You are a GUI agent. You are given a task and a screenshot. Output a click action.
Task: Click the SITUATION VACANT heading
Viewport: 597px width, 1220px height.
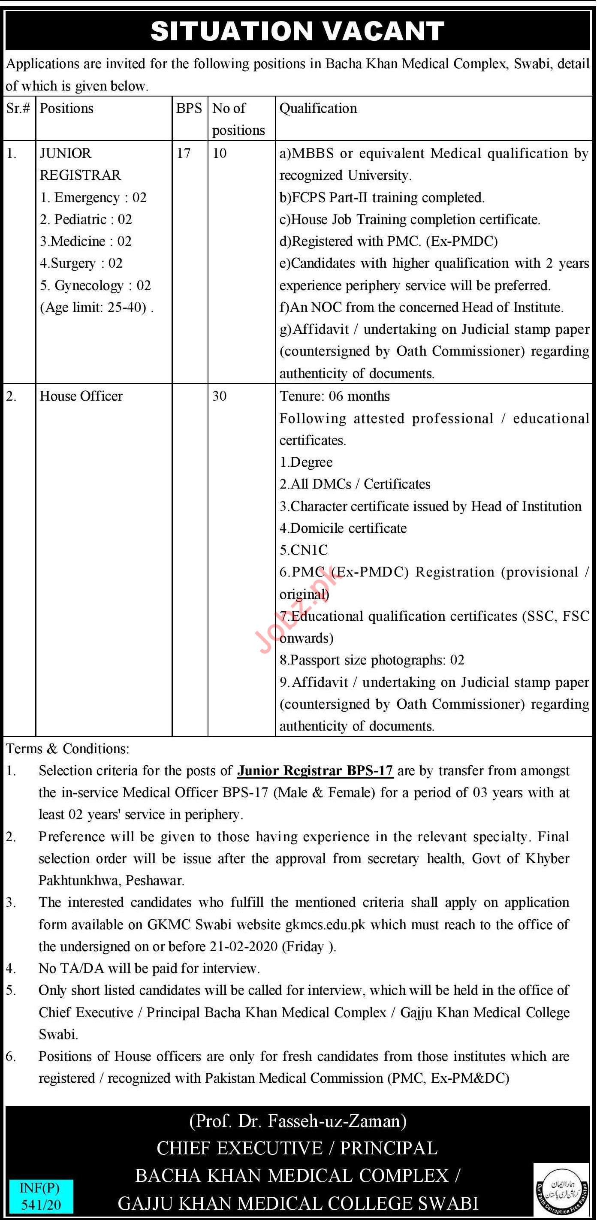297,31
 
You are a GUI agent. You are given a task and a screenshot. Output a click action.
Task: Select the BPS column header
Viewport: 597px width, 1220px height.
189,109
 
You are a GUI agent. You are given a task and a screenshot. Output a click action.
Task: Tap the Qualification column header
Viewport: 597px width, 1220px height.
318,109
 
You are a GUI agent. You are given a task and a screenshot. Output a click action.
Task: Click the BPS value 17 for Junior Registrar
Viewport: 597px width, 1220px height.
184,153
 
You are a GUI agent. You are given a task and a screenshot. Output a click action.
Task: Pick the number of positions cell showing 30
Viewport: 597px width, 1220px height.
219,396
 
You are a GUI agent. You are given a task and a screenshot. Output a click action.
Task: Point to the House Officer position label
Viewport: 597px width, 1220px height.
81,396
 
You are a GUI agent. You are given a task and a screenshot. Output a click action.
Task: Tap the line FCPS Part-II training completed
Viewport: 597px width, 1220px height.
382,197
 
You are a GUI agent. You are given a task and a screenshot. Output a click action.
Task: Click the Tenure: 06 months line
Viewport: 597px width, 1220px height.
334,396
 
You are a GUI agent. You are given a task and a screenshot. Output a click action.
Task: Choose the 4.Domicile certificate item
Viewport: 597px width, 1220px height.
343,528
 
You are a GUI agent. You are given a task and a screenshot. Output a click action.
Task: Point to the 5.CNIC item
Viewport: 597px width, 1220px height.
304,550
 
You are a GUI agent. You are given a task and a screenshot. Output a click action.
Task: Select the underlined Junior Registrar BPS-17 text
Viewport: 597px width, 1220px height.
315,770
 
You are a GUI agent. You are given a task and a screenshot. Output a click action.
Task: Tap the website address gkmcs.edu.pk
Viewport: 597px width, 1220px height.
325,924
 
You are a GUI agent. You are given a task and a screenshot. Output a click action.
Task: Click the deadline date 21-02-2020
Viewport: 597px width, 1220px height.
242,946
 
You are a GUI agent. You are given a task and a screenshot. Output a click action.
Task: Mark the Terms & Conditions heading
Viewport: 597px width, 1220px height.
67,748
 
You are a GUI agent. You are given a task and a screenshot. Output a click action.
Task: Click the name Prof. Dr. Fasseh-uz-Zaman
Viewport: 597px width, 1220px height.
298,1120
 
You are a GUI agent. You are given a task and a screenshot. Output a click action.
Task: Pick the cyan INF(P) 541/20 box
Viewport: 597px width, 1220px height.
40,1196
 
